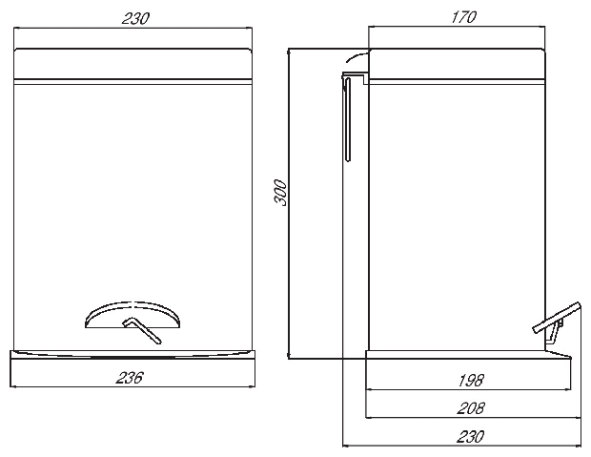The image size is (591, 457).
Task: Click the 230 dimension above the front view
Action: click(x=135, y=18)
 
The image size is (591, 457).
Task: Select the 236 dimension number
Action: click(x=130, y=378)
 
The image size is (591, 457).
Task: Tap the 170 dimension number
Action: click(x=464, y=17)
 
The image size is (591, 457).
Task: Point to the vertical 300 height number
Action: click(x=280, y=193)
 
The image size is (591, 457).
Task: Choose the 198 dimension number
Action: click(x=471, y=381)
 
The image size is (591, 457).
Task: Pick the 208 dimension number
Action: click(x=471, y=408)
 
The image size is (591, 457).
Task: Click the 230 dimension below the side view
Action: click(x=470, y=437)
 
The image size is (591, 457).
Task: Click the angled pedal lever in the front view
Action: click(x=143, y=330)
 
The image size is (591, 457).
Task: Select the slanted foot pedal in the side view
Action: click(x=557, y=318)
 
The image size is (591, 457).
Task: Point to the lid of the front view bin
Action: click(x=132, y=64)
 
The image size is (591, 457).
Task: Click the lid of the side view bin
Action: click(x=457, y=64)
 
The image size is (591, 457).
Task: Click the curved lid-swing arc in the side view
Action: click(x=357, y=56)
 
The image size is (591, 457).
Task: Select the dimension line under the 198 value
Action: click(x=468, y=390)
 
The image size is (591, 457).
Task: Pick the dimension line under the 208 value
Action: click(x=474, y=418)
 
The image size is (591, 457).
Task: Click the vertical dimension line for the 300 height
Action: click(x=288, y=204)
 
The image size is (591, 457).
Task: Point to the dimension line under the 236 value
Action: click(x=132, y=386)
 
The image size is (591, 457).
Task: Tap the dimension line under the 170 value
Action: click(x=457, y=27)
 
